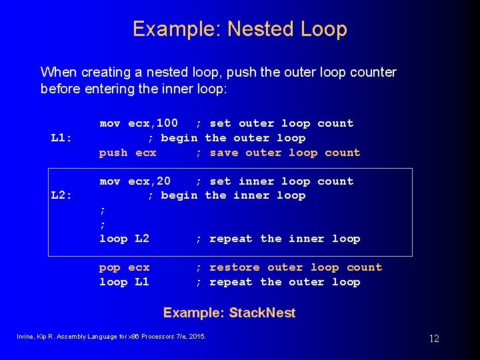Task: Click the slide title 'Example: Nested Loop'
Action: [x=239, y=29]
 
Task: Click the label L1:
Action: [x=61, y=138]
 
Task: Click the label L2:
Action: [x=61, y=195]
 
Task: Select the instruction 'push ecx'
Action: [x=128, y=153]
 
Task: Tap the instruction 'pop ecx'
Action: [x=125, y=267]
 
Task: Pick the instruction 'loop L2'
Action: [x=125, y=239]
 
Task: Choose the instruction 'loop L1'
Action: [x=125, y=282]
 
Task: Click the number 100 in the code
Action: [x=167, y=123]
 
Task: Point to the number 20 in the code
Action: [x=163, y=181]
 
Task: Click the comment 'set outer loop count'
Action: [x=281, y=123]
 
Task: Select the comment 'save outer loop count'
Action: [x=285, y=153]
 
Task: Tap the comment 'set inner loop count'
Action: [x=281, y=181]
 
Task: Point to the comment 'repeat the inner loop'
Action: [x=285, y=239]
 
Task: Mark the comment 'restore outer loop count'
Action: [x=295, y=267]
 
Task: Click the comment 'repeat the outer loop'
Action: [x=285, y=282]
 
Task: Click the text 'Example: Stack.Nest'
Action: [x=229, y=313]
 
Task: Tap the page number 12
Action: [x=434, y=339]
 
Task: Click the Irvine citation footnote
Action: [x=111, y=335]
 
